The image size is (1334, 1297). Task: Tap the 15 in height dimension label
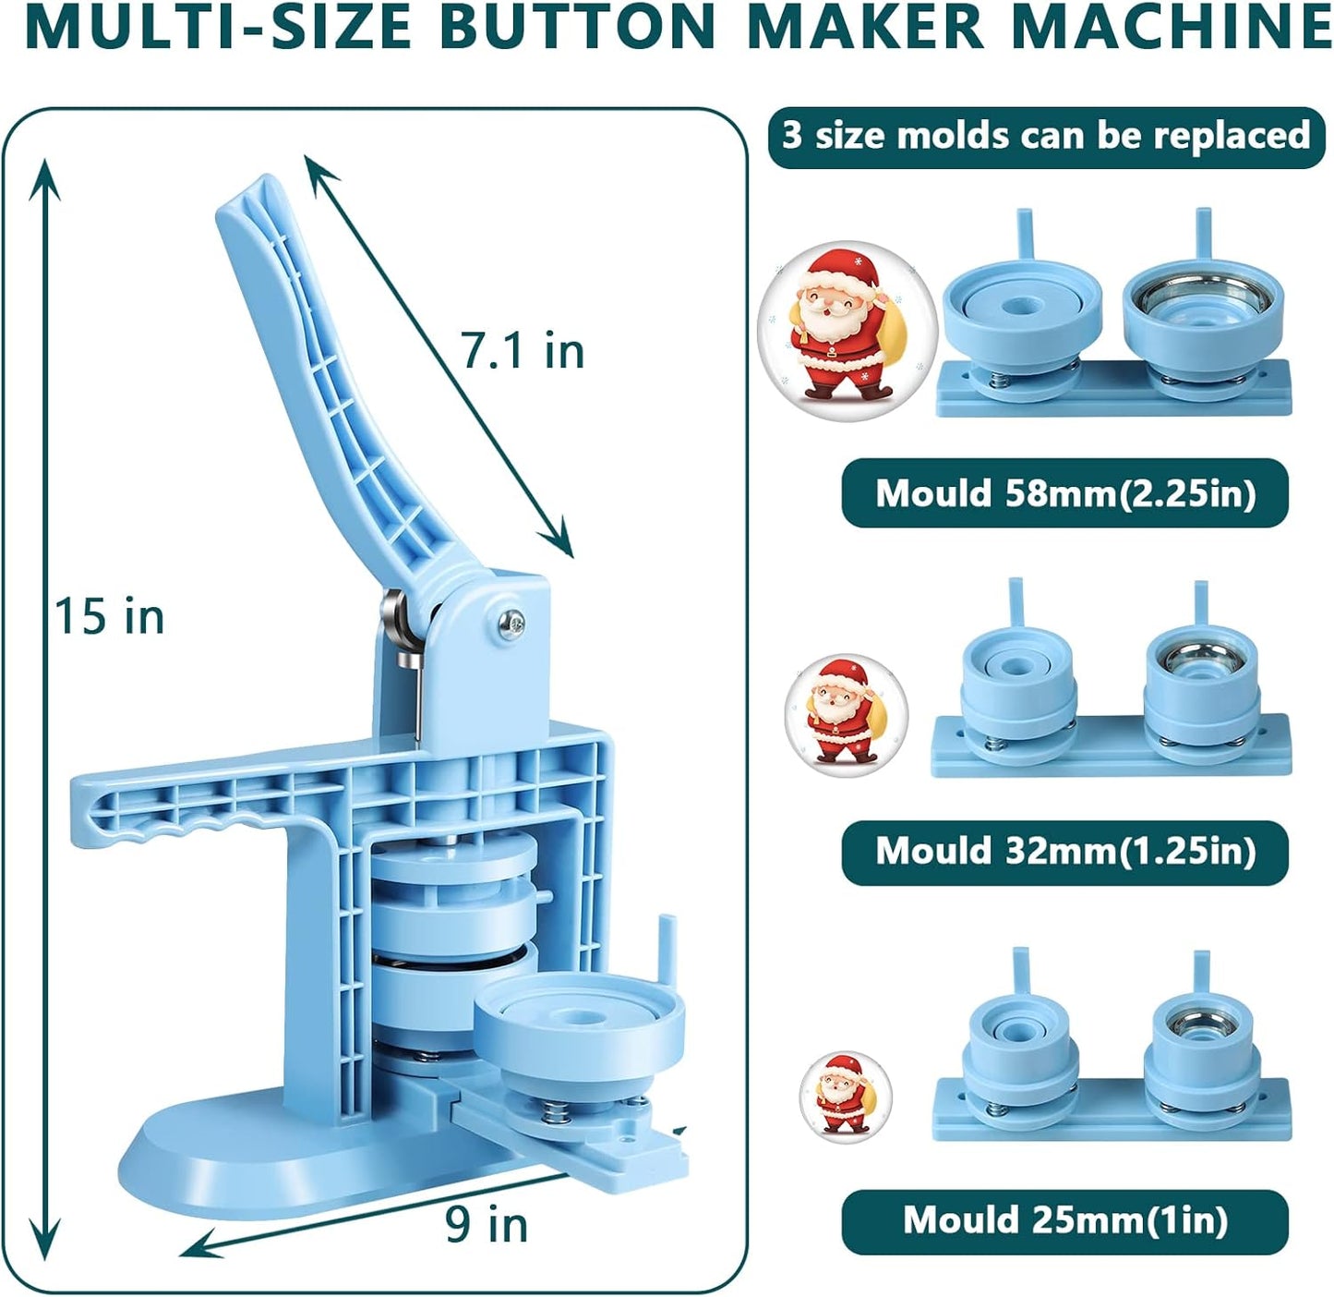pyautogui.click(x=109, y=616)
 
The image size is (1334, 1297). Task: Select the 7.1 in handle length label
pyautogui.click(x=523, y=351)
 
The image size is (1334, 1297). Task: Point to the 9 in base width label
pyautogui.click(x=487, y=1225)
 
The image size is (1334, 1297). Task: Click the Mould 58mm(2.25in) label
pyautogui.click(x=1064, y=493)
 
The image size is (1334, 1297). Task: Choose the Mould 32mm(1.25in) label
pyautogui.click(x=1064, y=851)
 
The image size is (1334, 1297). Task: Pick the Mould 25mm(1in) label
pyautogui.click(x=1064, y=1220)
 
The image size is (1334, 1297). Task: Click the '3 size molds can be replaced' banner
pyautogui.click(x=1046, y=136)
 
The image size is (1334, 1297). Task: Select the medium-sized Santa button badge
pyautogui.click(x=846, y=715)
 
